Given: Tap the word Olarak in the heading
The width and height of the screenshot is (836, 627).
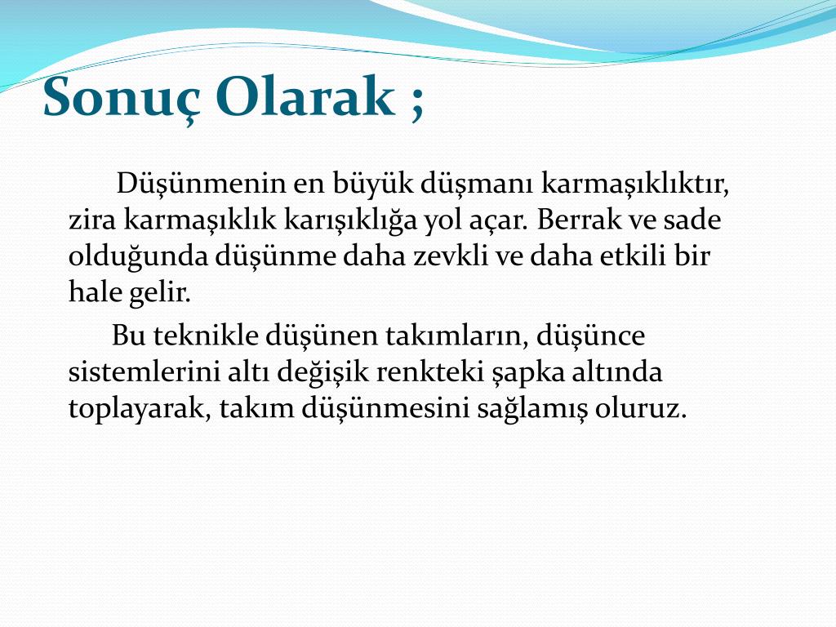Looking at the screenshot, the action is tap(305, 97).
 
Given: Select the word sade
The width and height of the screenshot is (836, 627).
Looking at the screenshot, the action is tap(692, 219).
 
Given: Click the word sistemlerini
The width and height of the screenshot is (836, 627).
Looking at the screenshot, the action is tap(144, 371).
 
